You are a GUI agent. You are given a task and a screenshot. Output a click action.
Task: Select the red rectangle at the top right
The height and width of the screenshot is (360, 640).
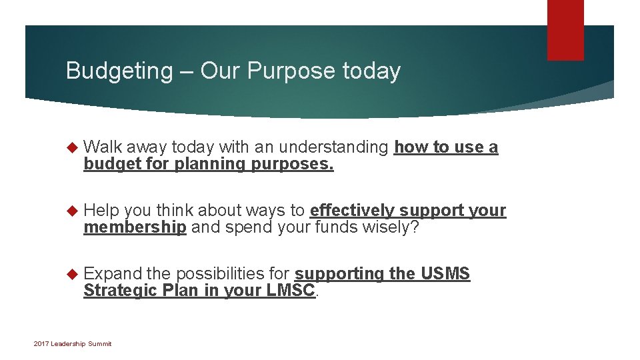point(565,30)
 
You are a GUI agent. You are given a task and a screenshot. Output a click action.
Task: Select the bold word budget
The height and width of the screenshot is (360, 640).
point(107,163)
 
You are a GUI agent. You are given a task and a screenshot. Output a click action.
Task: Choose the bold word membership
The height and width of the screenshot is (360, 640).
point(135,227)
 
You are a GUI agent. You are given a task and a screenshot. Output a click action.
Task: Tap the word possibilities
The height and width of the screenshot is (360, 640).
point(231,274)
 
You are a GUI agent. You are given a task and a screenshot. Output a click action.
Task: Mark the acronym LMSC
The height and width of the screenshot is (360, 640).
point(291,291)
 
